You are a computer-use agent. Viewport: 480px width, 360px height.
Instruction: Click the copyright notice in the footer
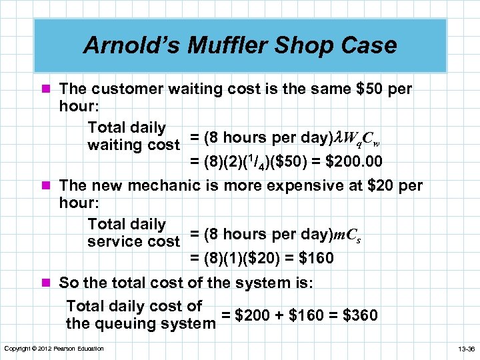[x=54, y=349]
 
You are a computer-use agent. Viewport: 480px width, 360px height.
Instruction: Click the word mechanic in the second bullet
[x=173, y=185]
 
